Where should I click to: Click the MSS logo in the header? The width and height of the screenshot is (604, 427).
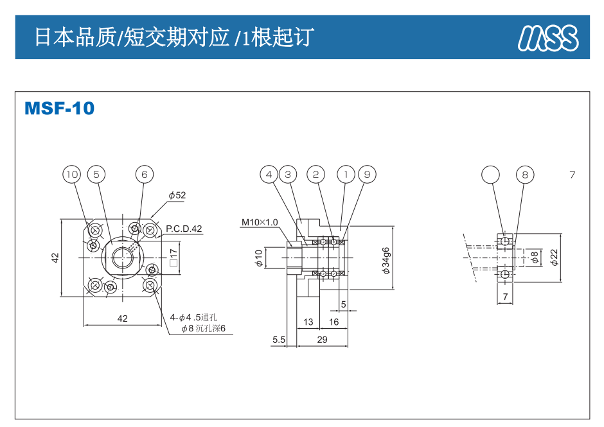coord(548,38)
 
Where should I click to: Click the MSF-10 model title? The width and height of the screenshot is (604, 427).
coord(59,109)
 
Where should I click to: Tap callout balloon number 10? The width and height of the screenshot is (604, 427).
coord(72,174)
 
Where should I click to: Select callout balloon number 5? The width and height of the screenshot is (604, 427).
coord(96,174)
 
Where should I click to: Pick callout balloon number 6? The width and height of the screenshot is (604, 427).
coord(145,174)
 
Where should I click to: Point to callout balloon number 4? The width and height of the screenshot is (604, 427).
coord(269,174)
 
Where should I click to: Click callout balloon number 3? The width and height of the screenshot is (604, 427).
coord(288,174)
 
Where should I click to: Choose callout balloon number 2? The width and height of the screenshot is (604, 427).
coord(315,174)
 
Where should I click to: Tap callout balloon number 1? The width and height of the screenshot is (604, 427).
coord(346,174)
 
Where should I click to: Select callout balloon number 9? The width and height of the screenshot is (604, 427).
coord(367,174)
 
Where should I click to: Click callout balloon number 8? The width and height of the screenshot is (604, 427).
coord(525,174)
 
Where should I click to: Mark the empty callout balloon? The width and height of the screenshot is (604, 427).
coord(490,174)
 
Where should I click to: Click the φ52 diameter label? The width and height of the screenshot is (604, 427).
coord(177,195)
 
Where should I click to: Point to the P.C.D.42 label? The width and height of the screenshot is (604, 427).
coord(184,229)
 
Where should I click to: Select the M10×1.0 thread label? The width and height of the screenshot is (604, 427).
coord(260,223)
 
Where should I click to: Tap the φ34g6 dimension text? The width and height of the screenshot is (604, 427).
coord(386,260)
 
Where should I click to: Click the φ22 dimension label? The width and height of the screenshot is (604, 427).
coord(553,257)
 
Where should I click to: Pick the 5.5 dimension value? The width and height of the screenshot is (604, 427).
coord(278,339)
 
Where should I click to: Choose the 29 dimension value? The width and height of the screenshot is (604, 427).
coord(322,339)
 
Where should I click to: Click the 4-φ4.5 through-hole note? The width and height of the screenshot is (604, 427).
coord(194,317)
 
